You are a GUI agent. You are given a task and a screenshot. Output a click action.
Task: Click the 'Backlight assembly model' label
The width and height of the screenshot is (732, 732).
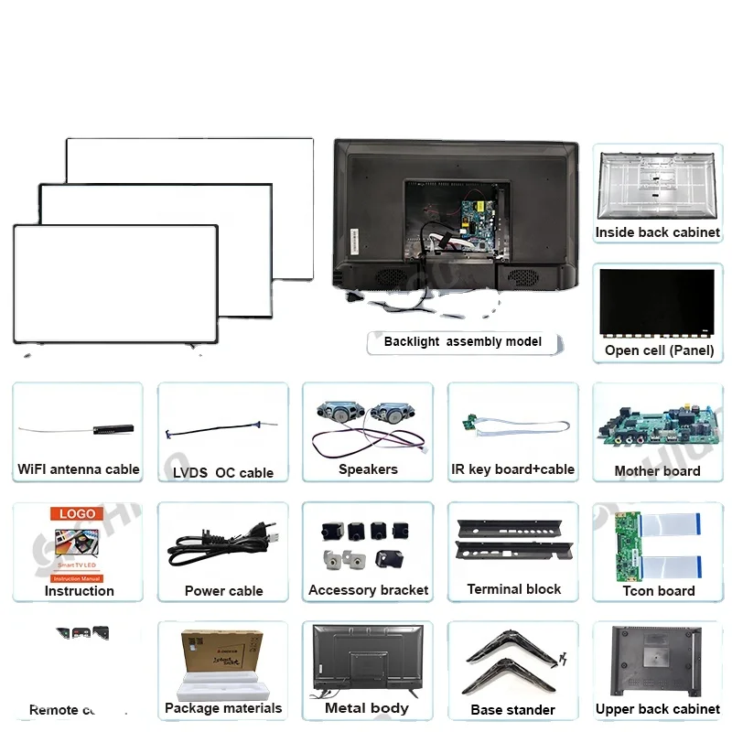462,341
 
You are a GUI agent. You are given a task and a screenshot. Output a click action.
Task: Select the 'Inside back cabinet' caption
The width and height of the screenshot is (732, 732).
657,232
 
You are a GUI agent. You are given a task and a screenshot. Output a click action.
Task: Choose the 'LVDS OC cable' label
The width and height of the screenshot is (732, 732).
223,473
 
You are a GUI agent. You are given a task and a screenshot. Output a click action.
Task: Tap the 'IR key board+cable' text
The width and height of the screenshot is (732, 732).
512,469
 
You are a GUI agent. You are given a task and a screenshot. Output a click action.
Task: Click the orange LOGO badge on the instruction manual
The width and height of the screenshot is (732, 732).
77,514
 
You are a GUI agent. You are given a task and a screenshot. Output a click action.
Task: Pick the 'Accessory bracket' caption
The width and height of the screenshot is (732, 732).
368,590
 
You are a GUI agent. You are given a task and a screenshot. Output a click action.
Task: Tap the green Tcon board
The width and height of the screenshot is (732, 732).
629,546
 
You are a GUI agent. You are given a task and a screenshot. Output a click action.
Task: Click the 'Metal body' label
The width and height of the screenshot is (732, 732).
366,707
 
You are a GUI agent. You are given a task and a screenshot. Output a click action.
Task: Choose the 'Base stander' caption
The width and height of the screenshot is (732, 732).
512,709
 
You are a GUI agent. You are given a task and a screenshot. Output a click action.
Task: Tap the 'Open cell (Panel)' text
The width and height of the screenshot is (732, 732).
659,350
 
